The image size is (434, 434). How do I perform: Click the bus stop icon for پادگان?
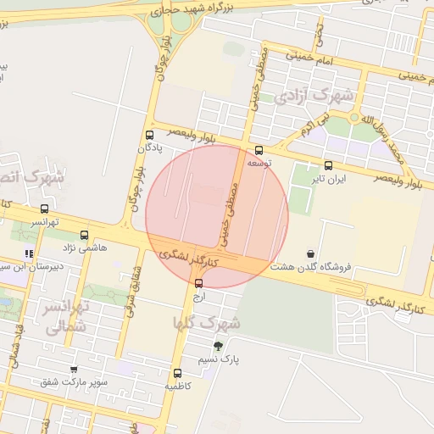point(150,135)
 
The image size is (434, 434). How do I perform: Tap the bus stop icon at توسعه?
point(259,151)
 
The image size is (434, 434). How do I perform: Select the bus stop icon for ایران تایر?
point(328,165)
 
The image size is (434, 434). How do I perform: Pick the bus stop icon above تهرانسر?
point(44,209)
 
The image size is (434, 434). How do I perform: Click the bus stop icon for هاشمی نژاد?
point(83,235)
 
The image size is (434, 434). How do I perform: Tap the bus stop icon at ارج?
point(198,283)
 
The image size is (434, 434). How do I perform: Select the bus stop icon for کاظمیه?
point(177,373)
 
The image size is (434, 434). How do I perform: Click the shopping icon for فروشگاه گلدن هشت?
point(311,253)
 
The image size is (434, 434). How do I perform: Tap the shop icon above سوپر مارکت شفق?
point(74,369)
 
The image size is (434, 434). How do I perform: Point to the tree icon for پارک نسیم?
point(219,345)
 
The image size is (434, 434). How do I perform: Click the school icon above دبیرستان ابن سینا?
point(29,253)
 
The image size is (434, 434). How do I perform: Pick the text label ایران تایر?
point(329,179)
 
